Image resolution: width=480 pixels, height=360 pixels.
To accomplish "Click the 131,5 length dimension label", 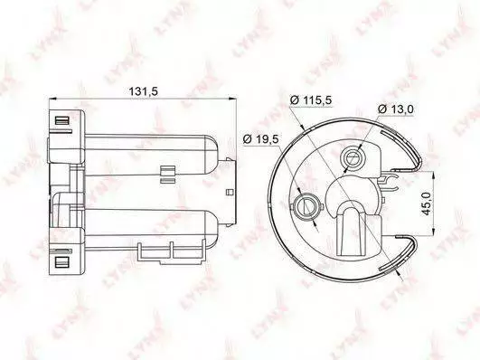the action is click(x=143, y=91).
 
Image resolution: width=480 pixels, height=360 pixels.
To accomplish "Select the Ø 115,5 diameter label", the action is click(x=311, y=100).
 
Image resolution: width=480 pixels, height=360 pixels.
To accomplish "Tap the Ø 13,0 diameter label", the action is click(x=396, y=109).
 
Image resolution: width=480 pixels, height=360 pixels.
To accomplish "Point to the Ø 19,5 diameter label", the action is click(x=260, y=139).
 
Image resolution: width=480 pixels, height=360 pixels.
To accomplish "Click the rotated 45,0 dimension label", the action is click(x=427, y=204).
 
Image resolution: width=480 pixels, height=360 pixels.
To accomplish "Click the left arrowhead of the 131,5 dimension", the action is click(x=53, y=99).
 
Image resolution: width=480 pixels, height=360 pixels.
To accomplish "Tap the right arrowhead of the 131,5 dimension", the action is click(x=233, y=99).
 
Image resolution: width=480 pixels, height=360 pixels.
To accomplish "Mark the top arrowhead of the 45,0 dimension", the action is click(x=433, y=175).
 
